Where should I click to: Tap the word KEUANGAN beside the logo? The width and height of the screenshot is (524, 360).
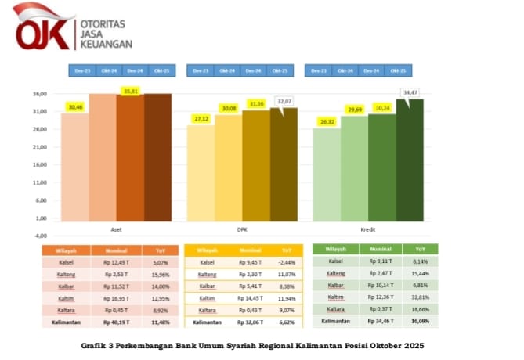coord(105,45)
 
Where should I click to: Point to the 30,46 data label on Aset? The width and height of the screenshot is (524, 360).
coord(75,107)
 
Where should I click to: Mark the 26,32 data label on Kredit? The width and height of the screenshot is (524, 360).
coord(327,121)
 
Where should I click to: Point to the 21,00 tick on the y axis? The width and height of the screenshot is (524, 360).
coord(40,147)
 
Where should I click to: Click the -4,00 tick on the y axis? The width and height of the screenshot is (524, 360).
coord(40,236)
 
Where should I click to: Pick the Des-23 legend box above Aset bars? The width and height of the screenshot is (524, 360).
coord(82,70)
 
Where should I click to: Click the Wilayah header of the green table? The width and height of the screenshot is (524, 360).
coord(335,249)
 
